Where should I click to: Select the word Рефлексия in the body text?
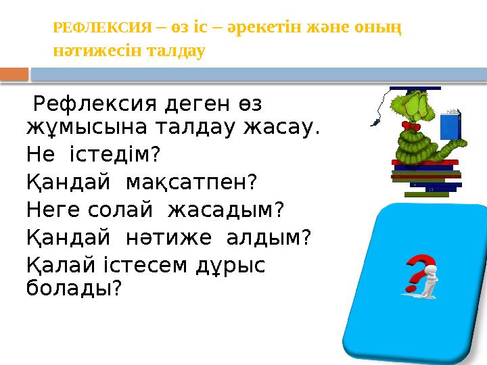pos(86,106)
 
